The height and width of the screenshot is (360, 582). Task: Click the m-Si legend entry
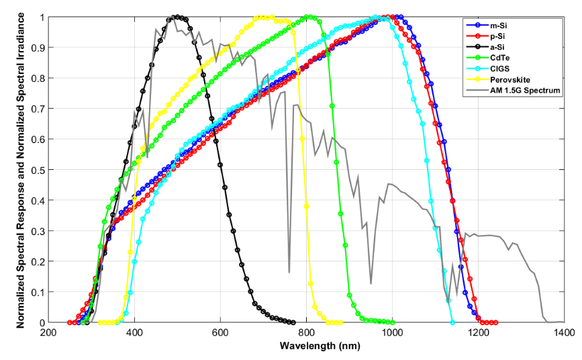(497, 25)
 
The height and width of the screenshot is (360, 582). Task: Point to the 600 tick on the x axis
(220, 332)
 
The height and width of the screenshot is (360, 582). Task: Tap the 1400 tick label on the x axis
(564, 332)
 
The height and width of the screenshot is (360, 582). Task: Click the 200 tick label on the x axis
(48, 332)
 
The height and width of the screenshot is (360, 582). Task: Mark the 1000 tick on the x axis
(392, 332)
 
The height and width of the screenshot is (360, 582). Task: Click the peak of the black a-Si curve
(177, 17)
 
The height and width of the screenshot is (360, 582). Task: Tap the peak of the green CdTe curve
(308, 17)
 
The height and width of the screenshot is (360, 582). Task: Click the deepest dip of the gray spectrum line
(289, 272)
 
